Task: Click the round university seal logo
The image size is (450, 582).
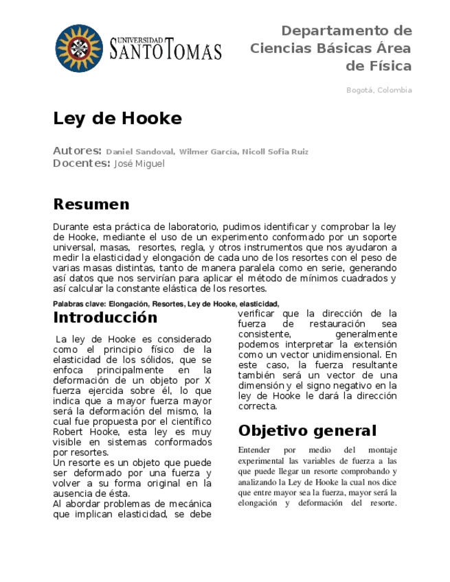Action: (x=78, y=48)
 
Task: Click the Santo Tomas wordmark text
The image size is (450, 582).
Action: (x=166, y=48)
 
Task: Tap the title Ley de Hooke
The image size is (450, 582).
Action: (x=117, y=119)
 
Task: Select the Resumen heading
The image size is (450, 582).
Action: (x=91, y=205)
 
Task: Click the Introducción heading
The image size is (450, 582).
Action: (x=105, y=318)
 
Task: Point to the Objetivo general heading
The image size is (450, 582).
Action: (x=307, y=431)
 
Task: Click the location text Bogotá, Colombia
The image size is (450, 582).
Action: (x=379, y=90)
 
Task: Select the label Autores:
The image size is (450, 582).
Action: (x=77, y=151)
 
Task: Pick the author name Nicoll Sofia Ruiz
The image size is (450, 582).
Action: (x=275, y=152)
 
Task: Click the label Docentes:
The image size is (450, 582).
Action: (x=81, y=163)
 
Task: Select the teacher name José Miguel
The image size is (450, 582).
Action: (x=139, y=164)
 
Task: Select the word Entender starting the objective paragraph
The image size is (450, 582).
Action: (x=254, y=450)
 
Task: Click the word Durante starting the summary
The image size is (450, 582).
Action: (x=71, y=226)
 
